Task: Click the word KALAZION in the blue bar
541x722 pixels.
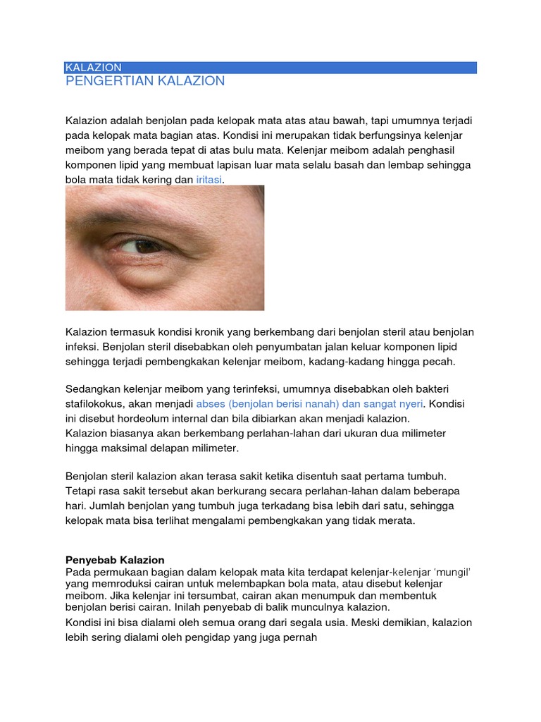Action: (x=93, y=68)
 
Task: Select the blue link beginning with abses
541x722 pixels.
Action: (x=309, y=404)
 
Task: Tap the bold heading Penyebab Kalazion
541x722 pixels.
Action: (x=115, y=560)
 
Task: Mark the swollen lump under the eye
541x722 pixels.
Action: (x=153, y=279)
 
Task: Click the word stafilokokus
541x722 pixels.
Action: (x=94, y=404)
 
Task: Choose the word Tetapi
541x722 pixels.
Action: (x=82, y=491)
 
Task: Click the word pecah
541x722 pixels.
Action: (x=440, y=361)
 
